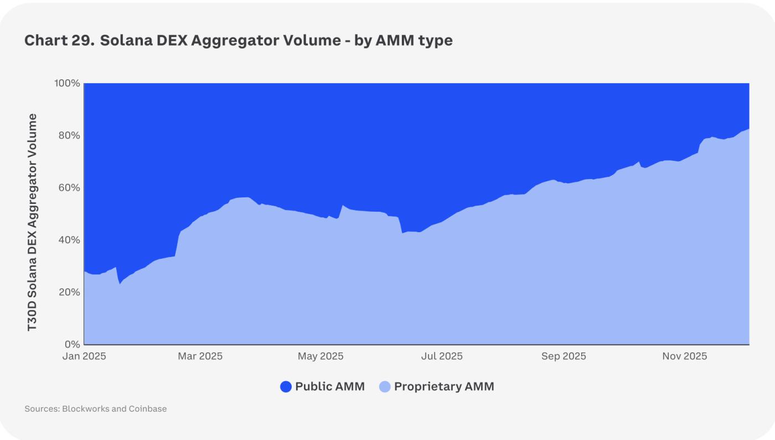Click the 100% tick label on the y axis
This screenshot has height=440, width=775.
pos(66,83)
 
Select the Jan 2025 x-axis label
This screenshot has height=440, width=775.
pos(84,356)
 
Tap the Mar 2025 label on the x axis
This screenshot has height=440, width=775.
pos(200,356)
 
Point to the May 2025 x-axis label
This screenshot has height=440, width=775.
pos(321,356)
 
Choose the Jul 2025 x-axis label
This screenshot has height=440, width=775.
pos(442,356)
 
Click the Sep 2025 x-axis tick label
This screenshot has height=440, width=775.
pos(564,356)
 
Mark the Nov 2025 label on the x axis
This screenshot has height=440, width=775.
pos(684,356)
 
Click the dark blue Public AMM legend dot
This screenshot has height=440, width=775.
pos(286,387)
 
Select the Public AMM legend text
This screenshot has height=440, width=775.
pos(330,387)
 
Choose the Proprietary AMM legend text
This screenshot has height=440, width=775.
pos(444,387)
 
